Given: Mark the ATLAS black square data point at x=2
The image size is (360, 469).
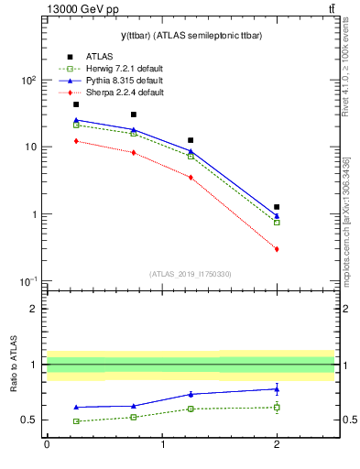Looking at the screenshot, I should (x=277, y=207).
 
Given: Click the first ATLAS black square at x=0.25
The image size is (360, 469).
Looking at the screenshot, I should (x=76, y=104).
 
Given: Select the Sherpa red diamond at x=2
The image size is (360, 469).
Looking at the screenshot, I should (x=277, y=249).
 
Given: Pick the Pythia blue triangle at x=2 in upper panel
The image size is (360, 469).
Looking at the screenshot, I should (x=277, y=216).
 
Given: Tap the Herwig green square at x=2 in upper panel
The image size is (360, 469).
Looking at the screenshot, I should (x=277, y=223).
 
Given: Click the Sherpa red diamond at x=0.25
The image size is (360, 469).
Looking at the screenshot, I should (x=76, y=141).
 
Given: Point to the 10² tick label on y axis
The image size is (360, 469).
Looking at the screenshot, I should (x=27, y=81).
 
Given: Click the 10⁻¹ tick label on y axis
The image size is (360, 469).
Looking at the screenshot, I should (x=27, y=281).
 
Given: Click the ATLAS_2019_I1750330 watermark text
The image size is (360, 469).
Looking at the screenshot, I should (x=191, y=274).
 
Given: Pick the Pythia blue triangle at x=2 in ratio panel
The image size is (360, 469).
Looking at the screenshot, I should (x=277, y=388).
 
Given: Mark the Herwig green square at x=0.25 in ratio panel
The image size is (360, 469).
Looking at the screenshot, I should (x=76, y=421).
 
